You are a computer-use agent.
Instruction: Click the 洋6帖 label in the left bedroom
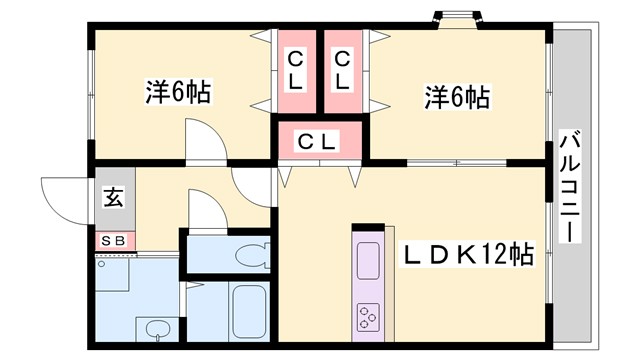coord(178,93)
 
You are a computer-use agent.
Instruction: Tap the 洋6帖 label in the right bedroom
coord(456,97)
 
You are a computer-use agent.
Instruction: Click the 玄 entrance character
coord(113,197)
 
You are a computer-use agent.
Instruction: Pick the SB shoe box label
coord(113,240)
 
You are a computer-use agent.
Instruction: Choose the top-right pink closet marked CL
coord(341,68)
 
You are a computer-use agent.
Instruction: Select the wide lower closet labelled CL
coord(318,141)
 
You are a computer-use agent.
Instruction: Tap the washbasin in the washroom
coord(156,327)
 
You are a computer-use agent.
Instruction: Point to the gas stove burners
coord(367,319)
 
